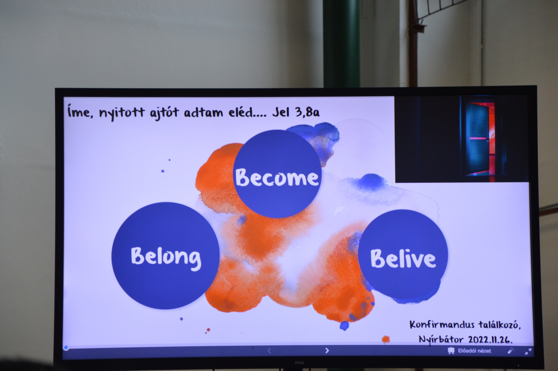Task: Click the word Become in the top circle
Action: tap(277, 178)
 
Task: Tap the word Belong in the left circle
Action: tap(166, 257)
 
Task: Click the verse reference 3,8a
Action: tap(307, 112)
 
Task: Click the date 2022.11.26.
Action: tap(490, 340)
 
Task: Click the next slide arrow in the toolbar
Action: tap(327, 350)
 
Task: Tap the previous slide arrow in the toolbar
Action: tap(269, 351)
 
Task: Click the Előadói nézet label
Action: tap(474, 351)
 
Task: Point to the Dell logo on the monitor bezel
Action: tap(299, 363)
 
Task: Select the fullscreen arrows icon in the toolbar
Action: tap(528, 351)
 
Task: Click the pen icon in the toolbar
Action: tap(510, 351)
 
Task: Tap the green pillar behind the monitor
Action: tap(341, 44)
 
